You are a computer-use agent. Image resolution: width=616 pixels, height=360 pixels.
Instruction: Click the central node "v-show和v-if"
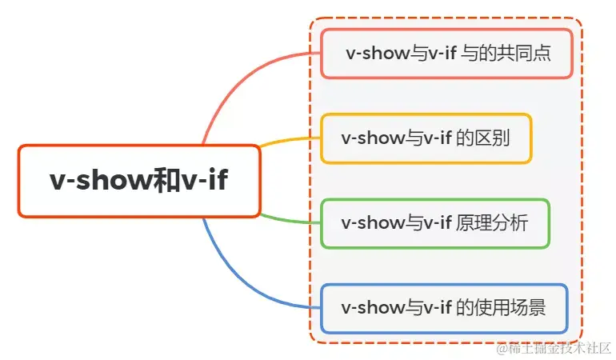[138, 181]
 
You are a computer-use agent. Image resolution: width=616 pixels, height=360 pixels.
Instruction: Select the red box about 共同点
[447, 54]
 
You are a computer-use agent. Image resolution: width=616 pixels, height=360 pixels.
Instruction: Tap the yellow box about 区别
[426, 138]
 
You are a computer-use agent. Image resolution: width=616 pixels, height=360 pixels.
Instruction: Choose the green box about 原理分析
[434, 223]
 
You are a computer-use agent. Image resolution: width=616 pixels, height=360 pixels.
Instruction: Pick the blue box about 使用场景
[444, 308]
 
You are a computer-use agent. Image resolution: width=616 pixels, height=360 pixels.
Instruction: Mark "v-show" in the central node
[100, 181]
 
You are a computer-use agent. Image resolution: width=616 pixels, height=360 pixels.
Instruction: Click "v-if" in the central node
[205, 181]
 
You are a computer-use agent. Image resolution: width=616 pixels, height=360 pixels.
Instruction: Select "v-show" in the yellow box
[370, 138]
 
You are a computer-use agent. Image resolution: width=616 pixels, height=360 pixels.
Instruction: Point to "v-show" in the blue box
[370, 308]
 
